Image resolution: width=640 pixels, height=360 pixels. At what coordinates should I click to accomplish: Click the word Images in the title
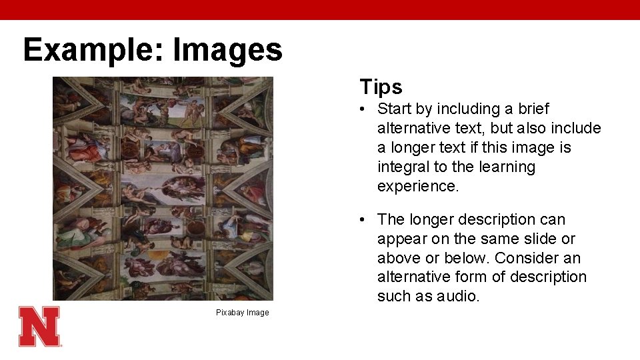coord(227,50)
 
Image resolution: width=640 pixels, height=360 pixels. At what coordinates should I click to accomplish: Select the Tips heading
coord(381,87)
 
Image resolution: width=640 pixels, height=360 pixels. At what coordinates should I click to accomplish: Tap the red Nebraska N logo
coord(39,326)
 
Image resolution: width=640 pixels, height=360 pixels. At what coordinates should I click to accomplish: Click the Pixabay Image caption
coord(242,313)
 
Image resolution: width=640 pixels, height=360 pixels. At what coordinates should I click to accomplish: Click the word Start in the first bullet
coord(395,109)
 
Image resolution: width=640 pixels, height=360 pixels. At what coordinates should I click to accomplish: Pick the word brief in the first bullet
coord(531,109)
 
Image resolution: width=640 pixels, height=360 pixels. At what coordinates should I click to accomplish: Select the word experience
coord(418,186)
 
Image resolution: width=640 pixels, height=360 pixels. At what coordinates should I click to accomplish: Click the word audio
coord(460,296)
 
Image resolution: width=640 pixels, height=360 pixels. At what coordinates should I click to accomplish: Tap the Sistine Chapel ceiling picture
coord(163,189)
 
